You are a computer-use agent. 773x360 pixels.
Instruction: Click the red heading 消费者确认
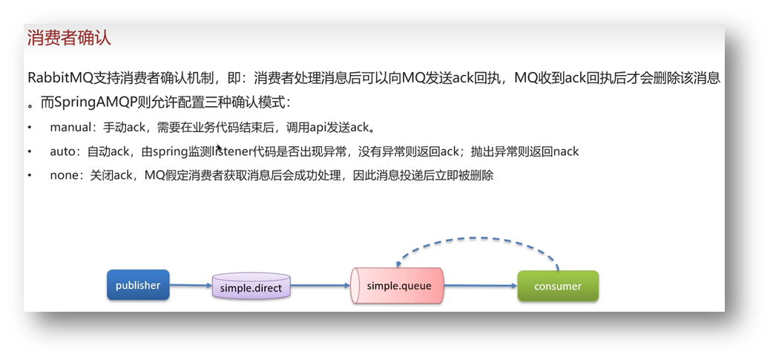point(69,38)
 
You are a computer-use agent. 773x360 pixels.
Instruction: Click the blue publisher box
point(138,286)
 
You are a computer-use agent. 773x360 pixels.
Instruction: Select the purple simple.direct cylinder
point(251,287)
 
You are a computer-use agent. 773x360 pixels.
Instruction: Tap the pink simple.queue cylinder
point(398,286)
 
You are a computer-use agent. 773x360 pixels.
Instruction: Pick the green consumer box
point(558,286)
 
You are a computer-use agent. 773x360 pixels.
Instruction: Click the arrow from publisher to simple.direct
point(191,285)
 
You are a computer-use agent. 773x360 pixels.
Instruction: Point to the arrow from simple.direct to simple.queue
point(320,285)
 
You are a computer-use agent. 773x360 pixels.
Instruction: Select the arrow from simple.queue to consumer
point(481,286)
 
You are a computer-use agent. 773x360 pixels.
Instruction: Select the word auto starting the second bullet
point(62,151)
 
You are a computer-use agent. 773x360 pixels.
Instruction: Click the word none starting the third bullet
point(65,176)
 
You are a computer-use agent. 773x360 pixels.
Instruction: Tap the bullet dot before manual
point(30,128)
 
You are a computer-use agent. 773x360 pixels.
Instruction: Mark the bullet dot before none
point(30,176)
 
